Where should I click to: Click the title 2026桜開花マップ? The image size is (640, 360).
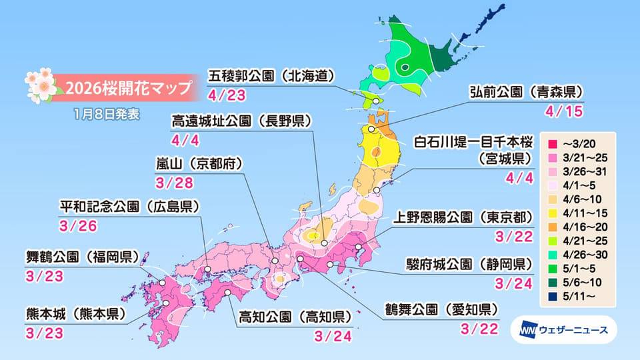pos(124,87)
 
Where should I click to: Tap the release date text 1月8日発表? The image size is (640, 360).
pos(107,113)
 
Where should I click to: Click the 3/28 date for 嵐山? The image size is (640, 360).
pos(168,183)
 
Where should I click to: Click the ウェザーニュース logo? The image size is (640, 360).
pos(563,329)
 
